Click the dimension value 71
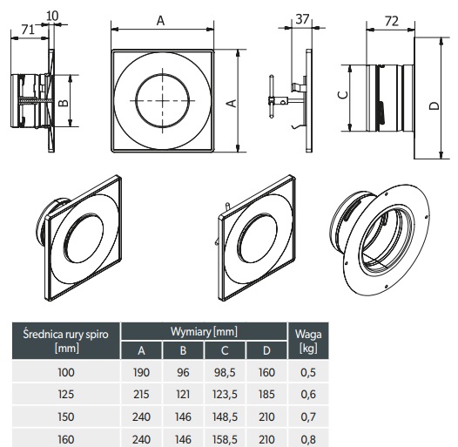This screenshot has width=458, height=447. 28,30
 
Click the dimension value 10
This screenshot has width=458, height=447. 52,16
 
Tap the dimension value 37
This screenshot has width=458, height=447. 302,19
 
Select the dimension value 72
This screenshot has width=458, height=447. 392,21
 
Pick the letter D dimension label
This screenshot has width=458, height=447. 434,105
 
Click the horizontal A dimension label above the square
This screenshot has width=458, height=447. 161,21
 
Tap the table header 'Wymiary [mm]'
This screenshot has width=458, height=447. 204,331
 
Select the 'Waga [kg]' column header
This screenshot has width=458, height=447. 308,341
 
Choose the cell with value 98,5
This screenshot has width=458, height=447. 225,372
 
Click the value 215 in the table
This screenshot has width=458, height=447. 141,394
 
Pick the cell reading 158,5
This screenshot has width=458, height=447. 225,439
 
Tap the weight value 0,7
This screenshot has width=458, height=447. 308,417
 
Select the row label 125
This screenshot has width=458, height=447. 65,394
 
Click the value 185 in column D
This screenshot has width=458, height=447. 266,394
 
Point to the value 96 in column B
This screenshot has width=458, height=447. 183,372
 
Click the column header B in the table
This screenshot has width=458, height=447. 183,350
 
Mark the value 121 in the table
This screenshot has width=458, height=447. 183,394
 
